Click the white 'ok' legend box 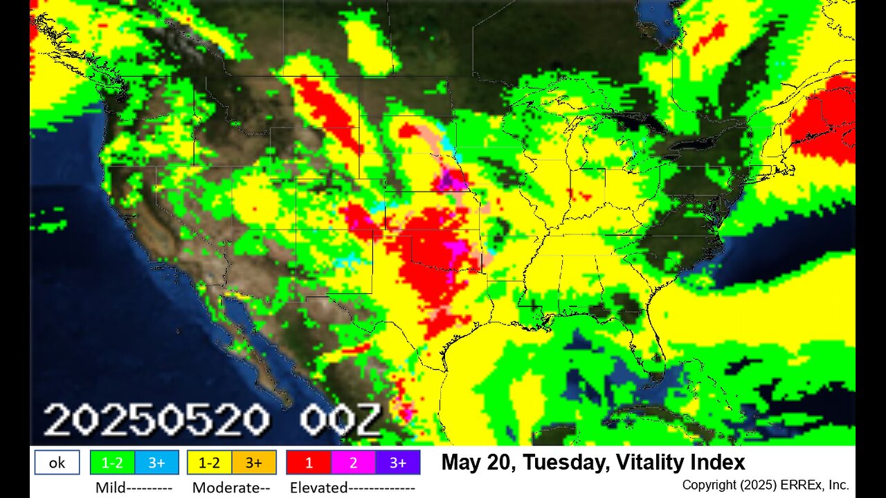point(57,463)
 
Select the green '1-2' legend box point(112,463)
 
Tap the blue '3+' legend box point(156,463)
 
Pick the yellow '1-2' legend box point(209,463)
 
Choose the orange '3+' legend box point(254,463)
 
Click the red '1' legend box point(309,463)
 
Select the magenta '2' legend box point(353,463)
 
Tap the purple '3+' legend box point(397,463)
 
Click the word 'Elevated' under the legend point(318,488)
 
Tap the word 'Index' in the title point(721,462)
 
